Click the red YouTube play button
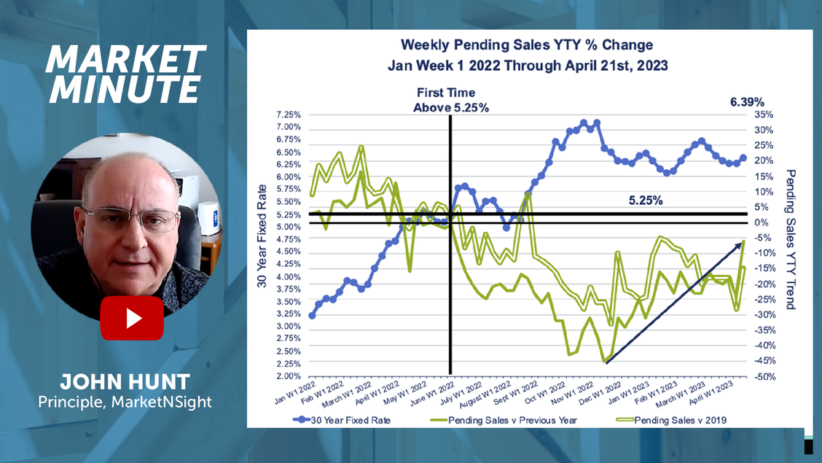point(132,318)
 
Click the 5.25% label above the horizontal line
point(645,201)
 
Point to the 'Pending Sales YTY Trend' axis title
point(790,239)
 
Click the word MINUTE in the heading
point(122,89)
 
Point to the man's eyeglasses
point(131,219)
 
